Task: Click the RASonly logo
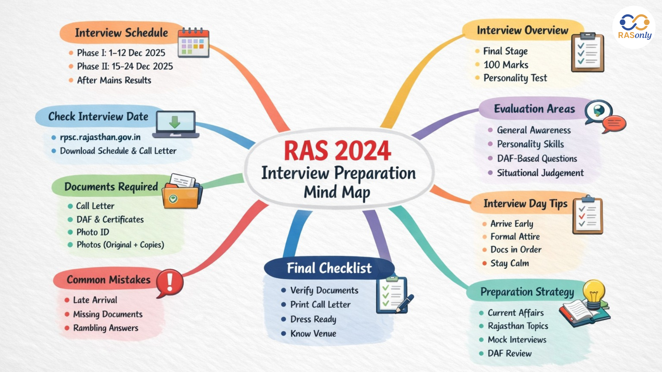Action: [634, 27]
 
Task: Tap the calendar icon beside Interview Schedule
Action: [193, 43]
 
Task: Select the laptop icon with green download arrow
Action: [175, 124]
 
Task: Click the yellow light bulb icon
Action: [594, 294]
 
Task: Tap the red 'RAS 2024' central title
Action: [337, 151]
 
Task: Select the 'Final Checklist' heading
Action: [329, 268]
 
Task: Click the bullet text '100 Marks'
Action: [505, 65]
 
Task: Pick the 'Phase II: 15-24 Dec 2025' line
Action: [125, 66]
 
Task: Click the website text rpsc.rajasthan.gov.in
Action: [100, 137]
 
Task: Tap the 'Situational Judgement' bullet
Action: [540, 173]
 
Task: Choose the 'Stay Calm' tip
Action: [509, 263]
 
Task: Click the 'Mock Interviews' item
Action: [517, 340]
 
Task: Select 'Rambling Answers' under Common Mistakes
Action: [106, 328]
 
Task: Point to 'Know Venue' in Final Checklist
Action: [313, 333]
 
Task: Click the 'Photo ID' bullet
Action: [92, 232]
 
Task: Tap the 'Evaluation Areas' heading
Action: [534, 109]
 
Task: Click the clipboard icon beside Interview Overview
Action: [587, 52]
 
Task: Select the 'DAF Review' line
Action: [509, 353]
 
